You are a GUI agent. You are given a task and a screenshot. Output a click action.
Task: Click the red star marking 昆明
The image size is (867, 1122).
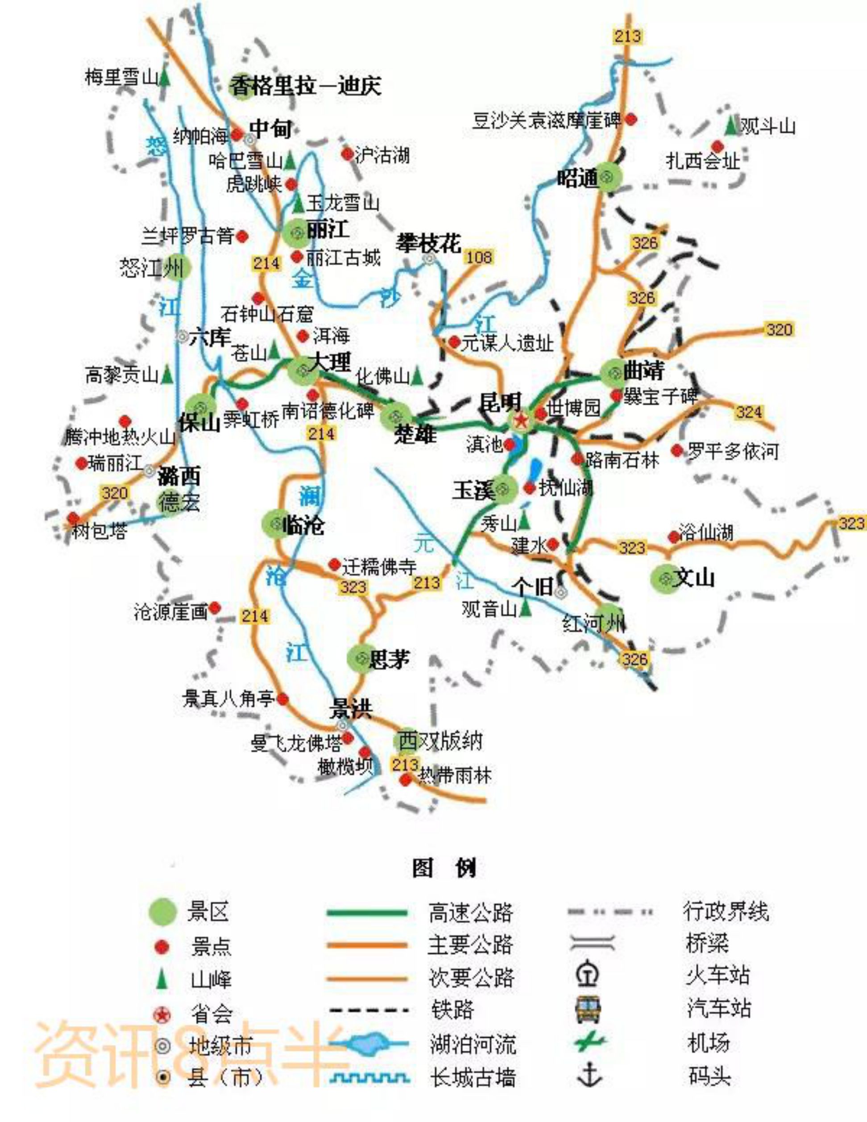pos(521,421)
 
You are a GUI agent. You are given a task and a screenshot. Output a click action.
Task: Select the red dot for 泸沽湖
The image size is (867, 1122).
pos(347,154)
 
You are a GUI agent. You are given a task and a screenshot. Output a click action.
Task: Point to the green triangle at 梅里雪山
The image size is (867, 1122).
pos(164,78)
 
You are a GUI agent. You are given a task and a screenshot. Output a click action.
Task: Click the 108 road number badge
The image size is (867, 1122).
pos(479,257)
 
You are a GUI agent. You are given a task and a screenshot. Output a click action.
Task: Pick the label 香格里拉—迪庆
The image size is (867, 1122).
pos(305,86)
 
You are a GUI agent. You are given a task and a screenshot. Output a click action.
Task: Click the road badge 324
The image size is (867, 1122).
pos(749,411)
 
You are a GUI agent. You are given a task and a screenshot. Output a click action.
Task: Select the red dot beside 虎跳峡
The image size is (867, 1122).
pos(291,183)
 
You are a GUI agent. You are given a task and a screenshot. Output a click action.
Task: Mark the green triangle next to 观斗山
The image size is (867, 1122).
pos(730,126)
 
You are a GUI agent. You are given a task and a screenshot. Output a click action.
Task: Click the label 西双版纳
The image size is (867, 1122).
pos(440,741)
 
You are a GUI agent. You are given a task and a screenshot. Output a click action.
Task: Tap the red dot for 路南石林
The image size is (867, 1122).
pos(577,459)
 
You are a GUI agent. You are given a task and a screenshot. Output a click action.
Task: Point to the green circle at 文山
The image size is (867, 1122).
pos(665,578)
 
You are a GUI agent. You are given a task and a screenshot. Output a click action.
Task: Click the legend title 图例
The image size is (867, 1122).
pos(445,868)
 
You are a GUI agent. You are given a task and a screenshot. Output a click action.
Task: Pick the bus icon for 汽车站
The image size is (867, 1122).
pos(589,1010)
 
